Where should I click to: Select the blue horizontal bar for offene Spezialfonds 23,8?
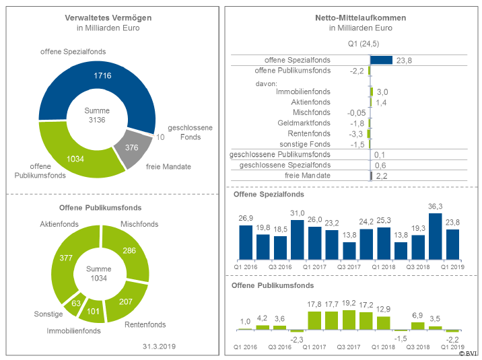pos(381,60)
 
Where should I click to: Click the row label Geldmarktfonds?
pos(304,123)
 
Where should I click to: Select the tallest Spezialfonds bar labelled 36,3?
pos(436,236)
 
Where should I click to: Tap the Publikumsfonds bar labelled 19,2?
pos(349,320)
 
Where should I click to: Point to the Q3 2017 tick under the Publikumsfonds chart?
pos(349,347)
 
